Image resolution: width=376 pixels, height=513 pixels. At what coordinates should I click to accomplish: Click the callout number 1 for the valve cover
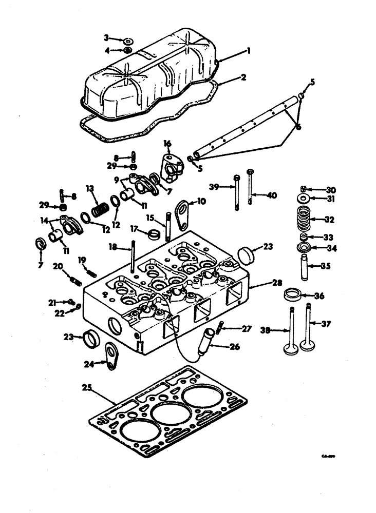pyautogui.click(x=248, y=51)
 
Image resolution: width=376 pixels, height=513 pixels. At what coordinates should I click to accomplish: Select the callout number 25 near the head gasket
pyautogui.click(x=87, y=388)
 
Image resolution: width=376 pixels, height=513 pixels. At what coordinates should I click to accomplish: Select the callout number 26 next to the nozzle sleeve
pyautogui.click(x=234, y=346)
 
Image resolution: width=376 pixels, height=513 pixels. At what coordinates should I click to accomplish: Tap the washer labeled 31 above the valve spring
pyautogui.click(x=304, y=199)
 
